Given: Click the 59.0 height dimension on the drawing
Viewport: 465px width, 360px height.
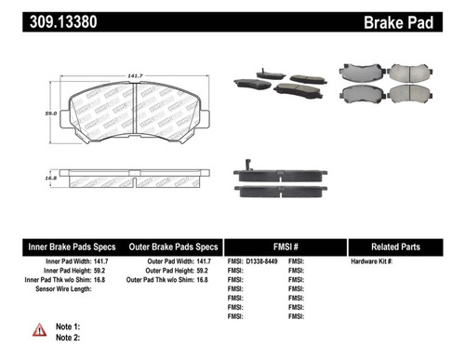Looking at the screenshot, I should [43, 113].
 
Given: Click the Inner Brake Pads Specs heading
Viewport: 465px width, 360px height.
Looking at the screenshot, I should [71, 247].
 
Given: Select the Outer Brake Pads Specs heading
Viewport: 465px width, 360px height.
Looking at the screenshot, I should [173, 247].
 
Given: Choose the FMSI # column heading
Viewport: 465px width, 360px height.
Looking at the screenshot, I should [286, 247].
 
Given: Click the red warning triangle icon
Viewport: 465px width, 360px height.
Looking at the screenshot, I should [39, 330].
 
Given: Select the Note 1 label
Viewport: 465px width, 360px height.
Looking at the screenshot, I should [69, 327].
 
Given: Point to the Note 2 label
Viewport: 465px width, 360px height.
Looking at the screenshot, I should [69, 339].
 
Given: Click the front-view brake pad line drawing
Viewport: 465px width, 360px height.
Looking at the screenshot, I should [138, 113].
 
